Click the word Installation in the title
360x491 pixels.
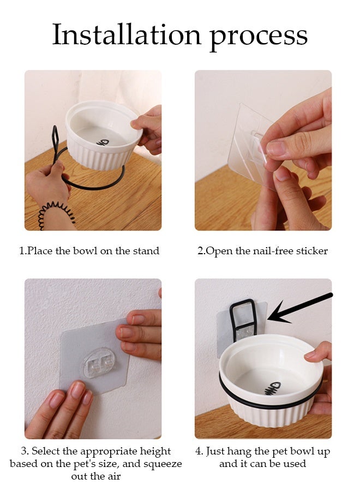(x=127, y=34)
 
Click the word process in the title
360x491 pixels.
(x=258, y=38)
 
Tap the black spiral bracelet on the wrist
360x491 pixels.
(x=56, y=213)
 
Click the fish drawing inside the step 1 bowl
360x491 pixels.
(x=103, y=143)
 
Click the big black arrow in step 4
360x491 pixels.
(x=299, y=309)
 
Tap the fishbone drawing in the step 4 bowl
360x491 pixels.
(x=272, y=388)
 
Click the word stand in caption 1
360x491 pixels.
(x=146, y=251)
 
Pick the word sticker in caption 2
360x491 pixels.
(x=312, y=251)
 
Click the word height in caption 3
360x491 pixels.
(x=155, y=452)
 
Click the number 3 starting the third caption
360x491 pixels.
(x=24, y=451)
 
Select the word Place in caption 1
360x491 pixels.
(x=39, y=251)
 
